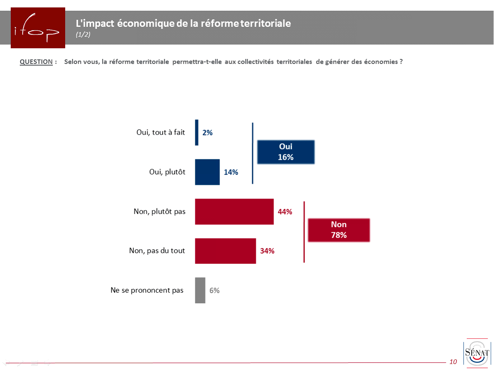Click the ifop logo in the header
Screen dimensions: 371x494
(38, 28)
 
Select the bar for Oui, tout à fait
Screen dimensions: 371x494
(197, 132)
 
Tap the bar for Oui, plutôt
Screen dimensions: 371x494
(207, 172)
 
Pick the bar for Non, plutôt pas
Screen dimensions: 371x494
(234, 212)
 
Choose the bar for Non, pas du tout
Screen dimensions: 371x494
(225, 251)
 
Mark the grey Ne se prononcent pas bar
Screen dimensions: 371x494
(200, 290)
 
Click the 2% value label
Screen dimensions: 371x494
(207, 133)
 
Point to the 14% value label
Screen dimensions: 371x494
(231, 173)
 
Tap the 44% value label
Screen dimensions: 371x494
(285, 212)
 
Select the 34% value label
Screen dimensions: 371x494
(267, 251)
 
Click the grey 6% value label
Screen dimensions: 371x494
(214, 290)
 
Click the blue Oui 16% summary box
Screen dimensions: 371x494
(286, 152)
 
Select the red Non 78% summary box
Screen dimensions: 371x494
(338, 230)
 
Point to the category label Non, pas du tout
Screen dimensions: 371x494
(157, 250)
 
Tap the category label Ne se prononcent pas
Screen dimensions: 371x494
(147, 290)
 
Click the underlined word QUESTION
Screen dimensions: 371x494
(36, 62)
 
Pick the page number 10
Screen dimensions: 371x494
(453, 362)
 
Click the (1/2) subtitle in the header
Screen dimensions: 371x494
(83, 35)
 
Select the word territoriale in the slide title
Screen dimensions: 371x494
(265, 24)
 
